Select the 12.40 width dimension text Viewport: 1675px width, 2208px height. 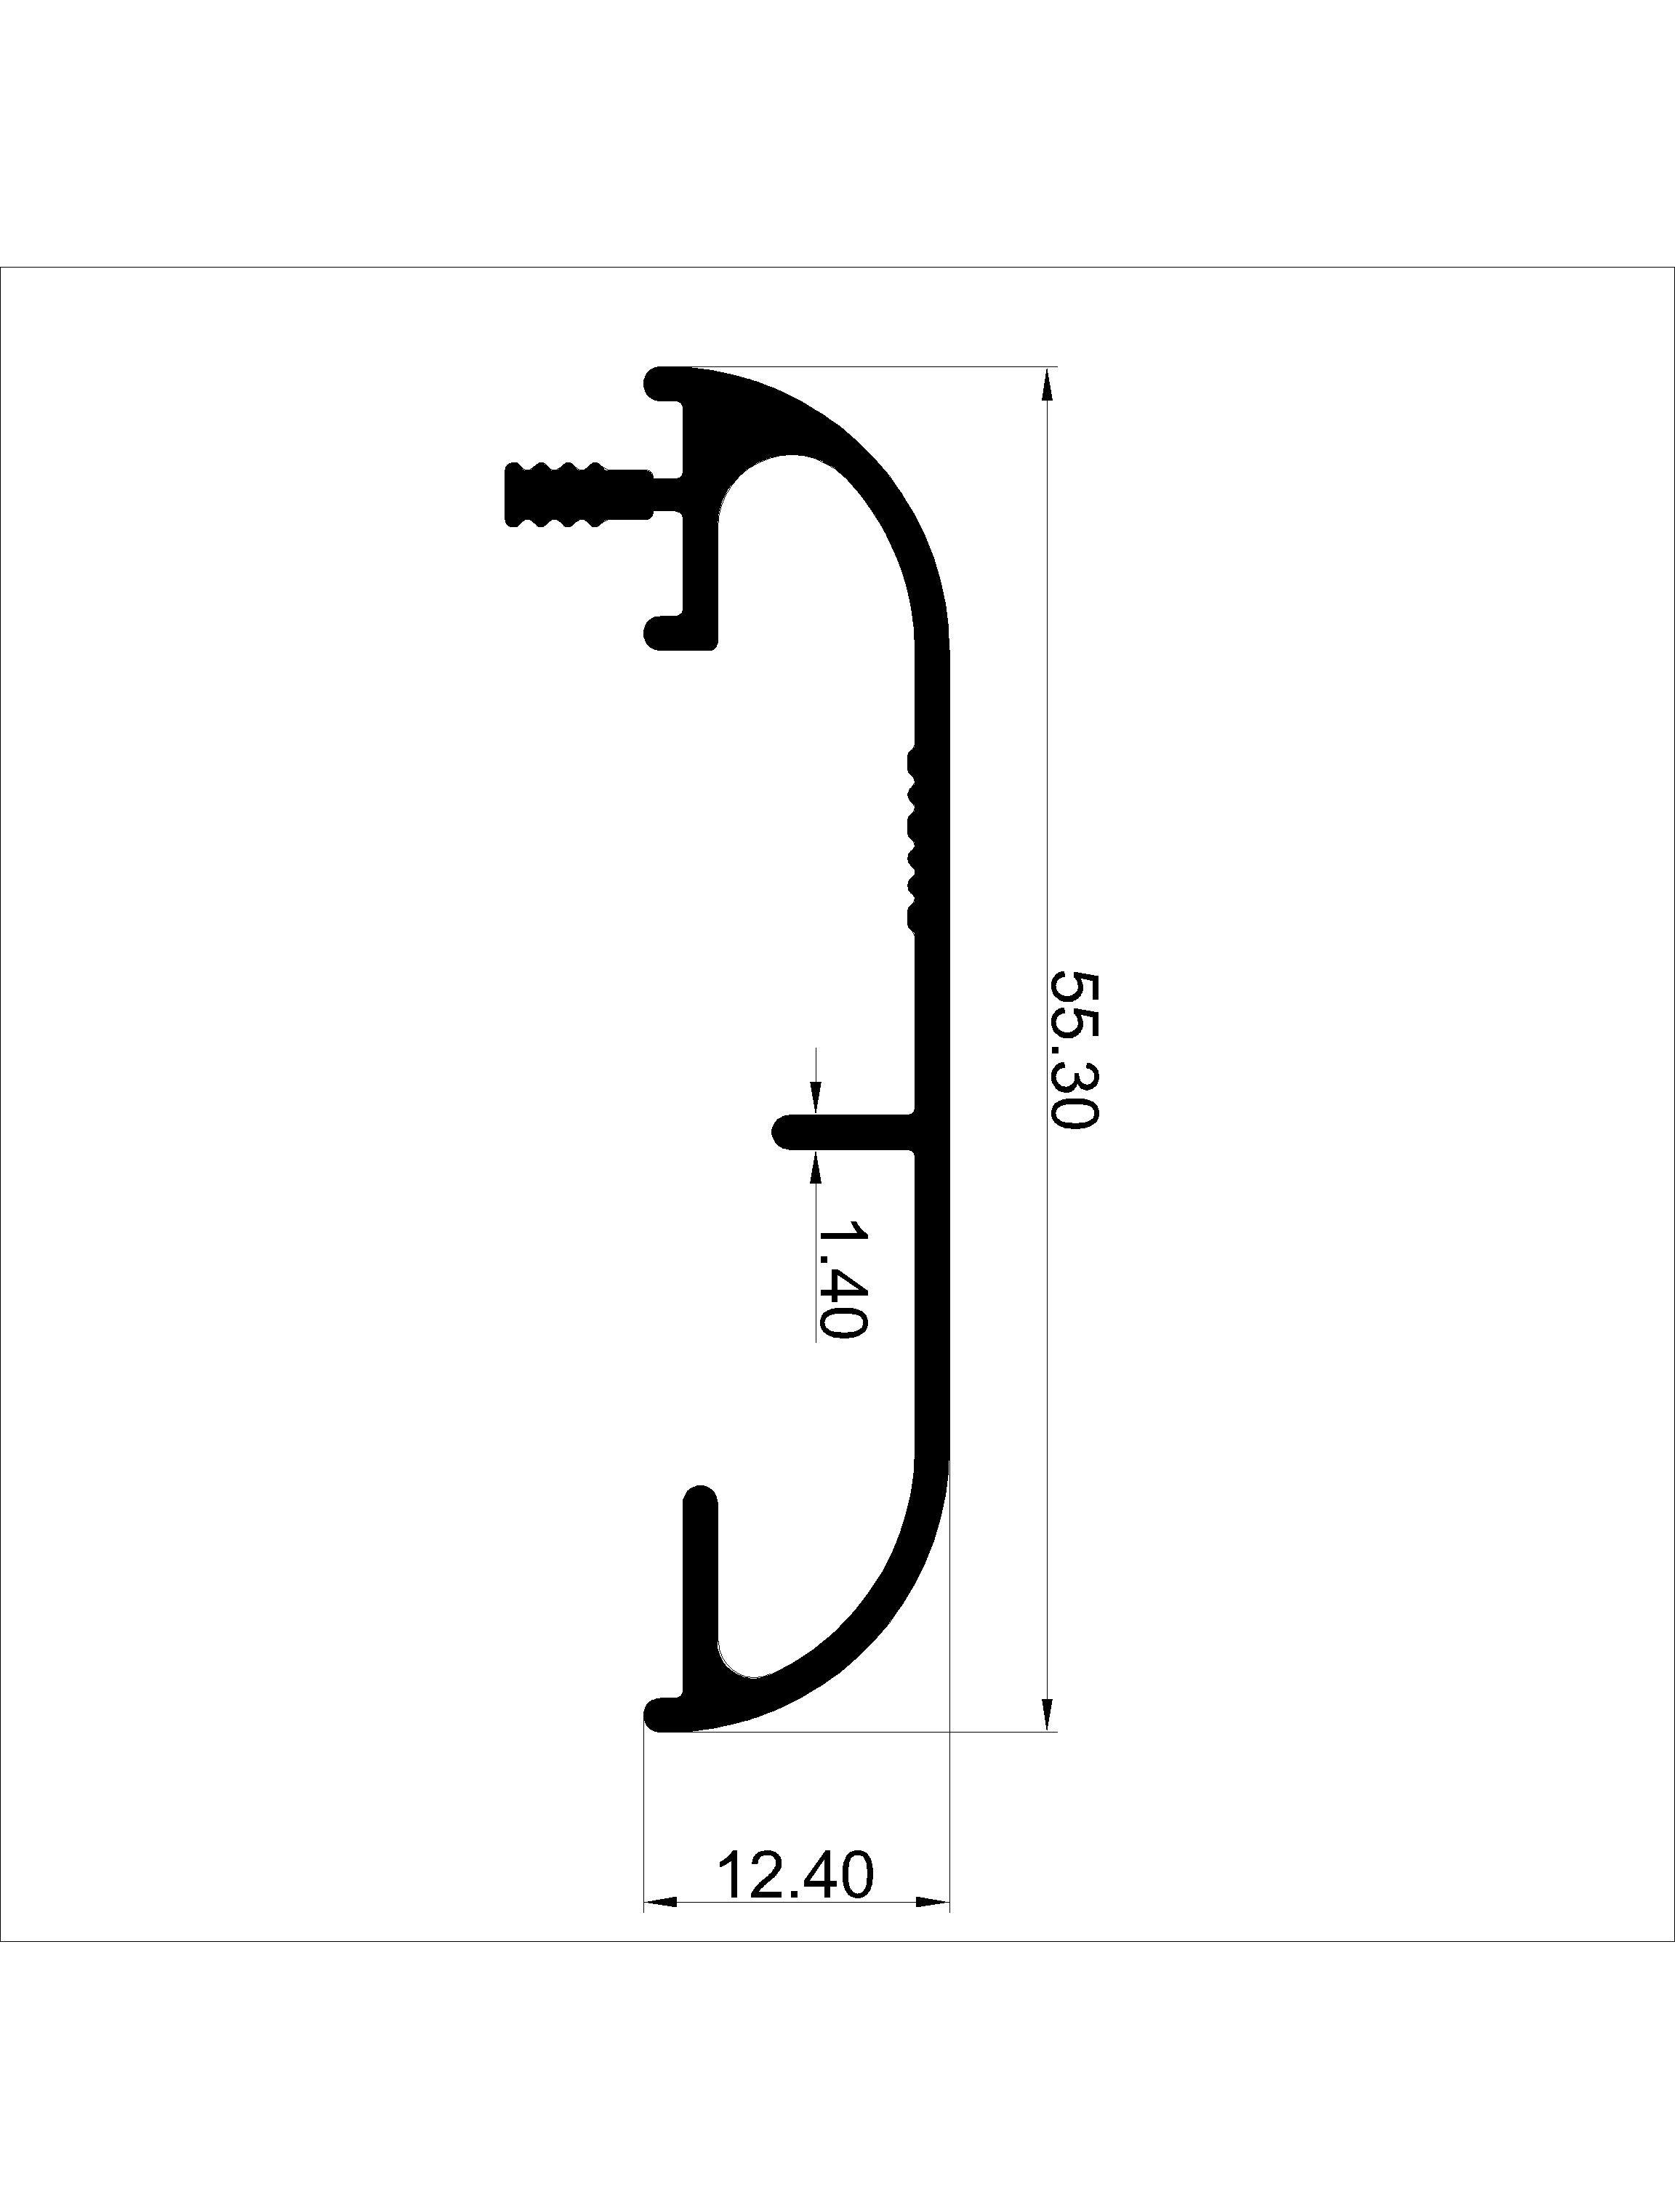[795, 1876]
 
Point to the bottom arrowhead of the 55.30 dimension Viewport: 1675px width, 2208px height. [1046, 1713]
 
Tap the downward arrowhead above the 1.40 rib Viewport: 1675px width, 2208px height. [816, 1098]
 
